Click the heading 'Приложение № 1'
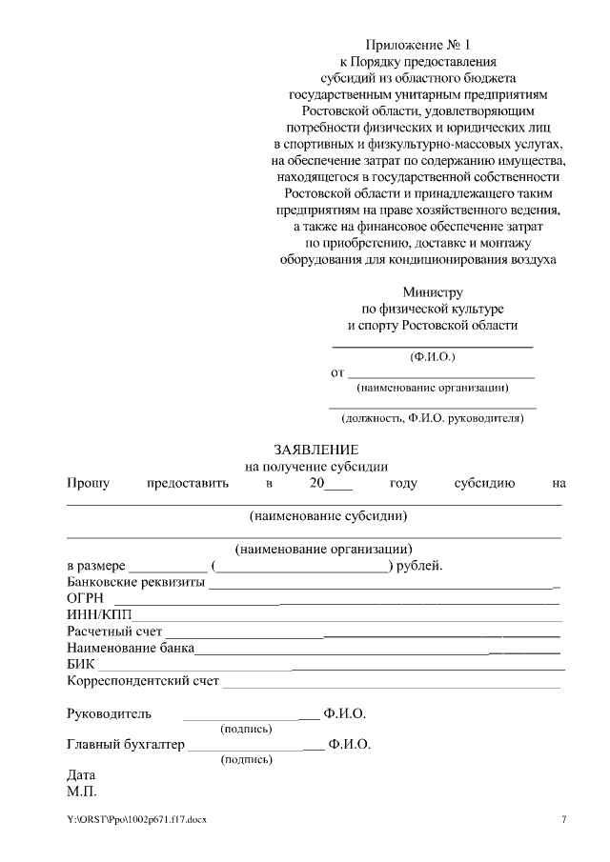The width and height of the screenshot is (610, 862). [418, 45]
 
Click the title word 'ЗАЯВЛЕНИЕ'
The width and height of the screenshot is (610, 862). [315, 450]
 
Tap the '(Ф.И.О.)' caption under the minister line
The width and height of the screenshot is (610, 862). [432, 357]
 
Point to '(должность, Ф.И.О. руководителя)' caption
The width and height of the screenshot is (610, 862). [433, 418]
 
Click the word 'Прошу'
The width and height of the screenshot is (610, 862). [88, 483]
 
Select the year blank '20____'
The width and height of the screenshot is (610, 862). [331, 483]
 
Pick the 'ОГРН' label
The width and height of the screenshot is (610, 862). [85, 599]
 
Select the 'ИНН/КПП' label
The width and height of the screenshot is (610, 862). [92, 615]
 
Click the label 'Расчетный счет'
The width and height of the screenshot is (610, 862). [114, 631]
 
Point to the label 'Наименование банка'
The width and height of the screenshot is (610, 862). [131, 648]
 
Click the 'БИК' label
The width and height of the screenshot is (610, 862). [80, 664]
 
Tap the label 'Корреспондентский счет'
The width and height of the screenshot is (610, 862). [143, 681]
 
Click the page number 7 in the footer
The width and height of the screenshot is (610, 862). [563, 819]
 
